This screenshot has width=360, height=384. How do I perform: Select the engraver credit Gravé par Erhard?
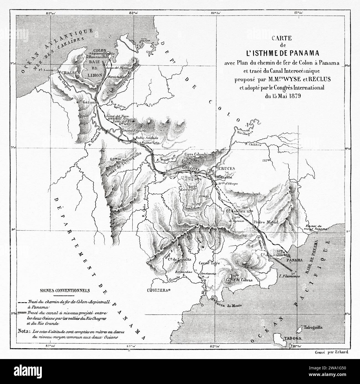pyautogui.click(x=331, y=352)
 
